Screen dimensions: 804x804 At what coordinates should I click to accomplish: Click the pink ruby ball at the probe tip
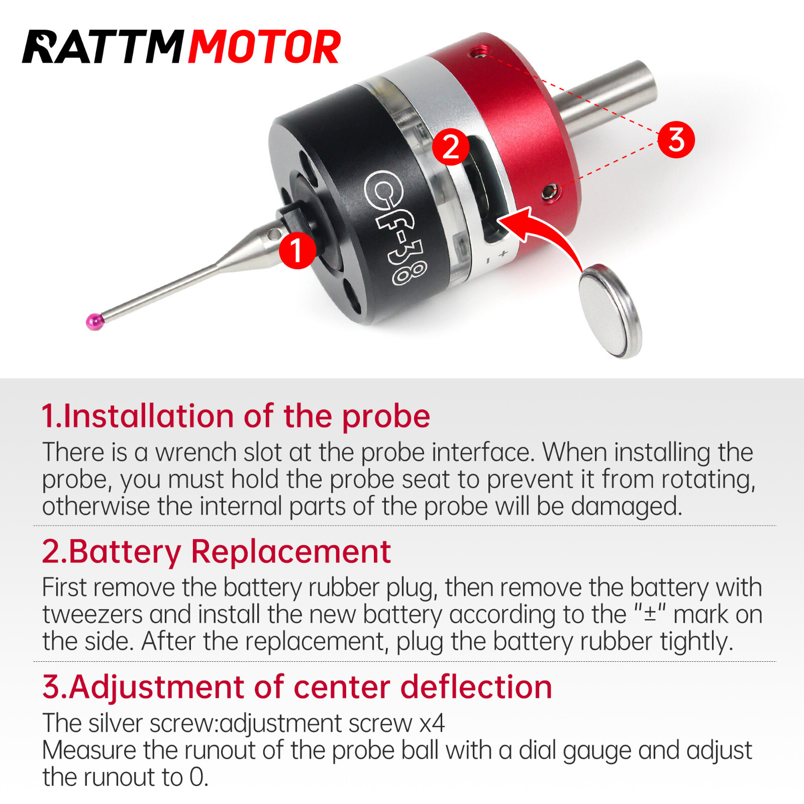point(94,321)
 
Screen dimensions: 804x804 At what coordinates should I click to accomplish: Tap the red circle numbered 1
point(297,250)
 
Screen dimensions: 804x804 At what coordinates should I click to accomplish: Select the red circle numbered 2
point(451,147)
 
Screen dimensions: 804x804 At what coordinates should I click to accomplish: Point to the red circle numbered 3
point(676,139)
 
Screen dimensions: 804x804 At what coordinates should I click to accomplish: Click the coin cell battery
point(611,311)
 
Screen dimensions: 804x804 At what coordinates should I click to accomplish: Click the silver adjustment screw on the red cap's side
point(551,192)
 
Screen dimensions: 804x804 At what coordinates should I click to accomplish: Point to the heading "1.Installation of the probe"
point(236,417)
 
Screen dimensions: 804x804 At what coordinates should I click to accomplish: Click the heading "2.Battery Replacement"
point(216,552)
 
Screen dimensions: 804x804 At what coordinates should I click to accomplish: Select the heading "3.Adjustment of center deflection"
point(297,687)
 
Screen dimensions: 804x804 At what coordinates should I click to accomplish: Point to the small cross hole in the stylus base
point(273,234)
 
